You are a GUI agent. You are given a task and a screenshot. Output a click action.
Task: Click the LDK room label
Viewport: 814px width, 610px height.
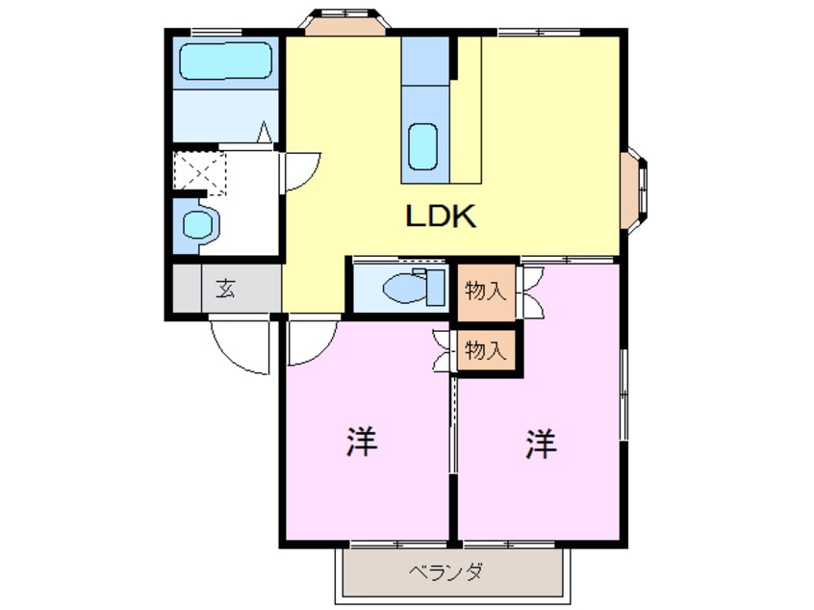coord(441,217)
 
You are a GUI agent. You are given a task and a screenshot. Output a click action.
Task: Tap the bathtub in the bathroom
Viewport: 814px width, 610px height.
coord(227,64)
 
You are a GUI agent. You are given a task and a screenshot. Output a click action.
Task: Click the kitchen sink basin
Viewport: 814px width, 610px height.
coord(424,146)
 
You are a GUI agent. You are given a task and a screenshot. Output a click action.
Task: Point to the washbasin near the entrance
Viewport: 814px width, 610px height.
coord(198,225)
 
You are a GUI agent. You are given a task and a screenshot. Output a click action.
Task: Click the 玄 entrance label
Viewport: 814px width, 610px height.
coord(225,288)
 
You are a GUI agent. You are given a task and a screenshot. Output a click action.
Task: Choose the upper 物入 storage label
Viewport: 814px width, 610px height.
coord(486,290)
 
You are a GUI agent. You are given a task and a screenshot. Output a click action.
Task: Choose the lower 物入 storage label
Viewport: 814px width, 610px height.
coord(486,349)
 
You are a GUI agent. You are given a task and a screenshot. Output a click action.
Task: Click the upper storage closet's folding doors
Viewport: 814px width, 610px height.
coord(530,290)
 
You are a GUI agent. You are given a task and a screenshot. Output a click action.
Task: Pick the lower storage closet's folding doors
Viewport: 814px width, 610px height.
coord(445,349)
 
